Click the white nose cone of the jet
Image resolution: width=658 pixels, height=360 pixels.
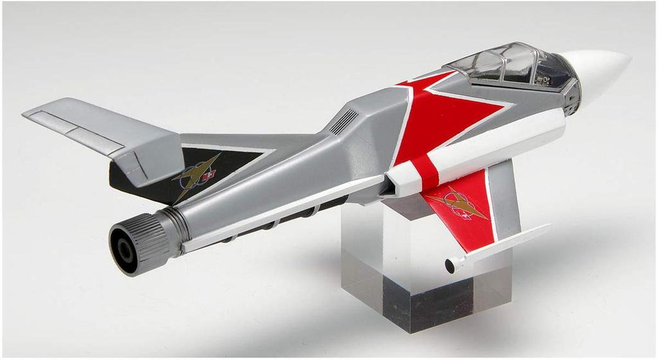[x=601, y=71]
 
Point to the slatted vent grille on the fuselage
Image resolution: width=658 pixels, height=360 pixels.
[x=344, y=122]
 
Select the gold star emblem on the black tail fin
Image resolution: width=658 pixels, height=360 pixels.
[x=196, y=174]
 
